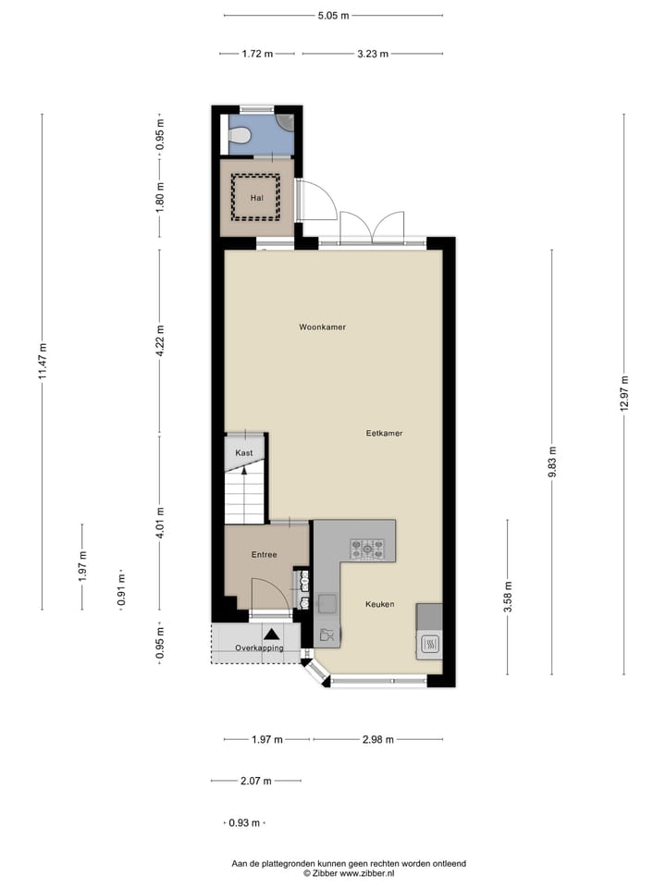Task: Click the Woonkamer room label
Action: point(322,327)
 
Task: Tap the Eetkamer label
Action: point(384,432)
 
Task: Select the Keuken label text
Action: point(379,604)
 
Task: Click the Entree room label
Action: point(265,554)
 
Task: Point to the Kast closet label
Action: point(244,452)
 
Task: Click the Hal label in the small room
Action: point(257,197)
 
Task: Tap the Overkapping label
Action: point(259,647)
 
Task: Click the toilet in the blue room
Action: point(240,136)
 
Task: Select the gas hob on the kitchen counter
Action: point(367,549)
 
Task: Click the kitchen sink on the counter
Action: point(327,604)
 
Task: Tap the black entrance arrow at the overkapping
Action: point(273,634)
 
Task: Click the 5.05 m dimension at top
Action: point(334,16)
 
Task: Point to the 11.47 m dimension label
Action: point(43,361)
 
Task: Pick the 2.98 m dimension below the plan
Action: point(377,739)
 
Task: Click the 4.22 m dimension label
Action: point(160,341)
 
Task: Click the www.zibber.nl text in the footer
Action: point(369,872)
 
